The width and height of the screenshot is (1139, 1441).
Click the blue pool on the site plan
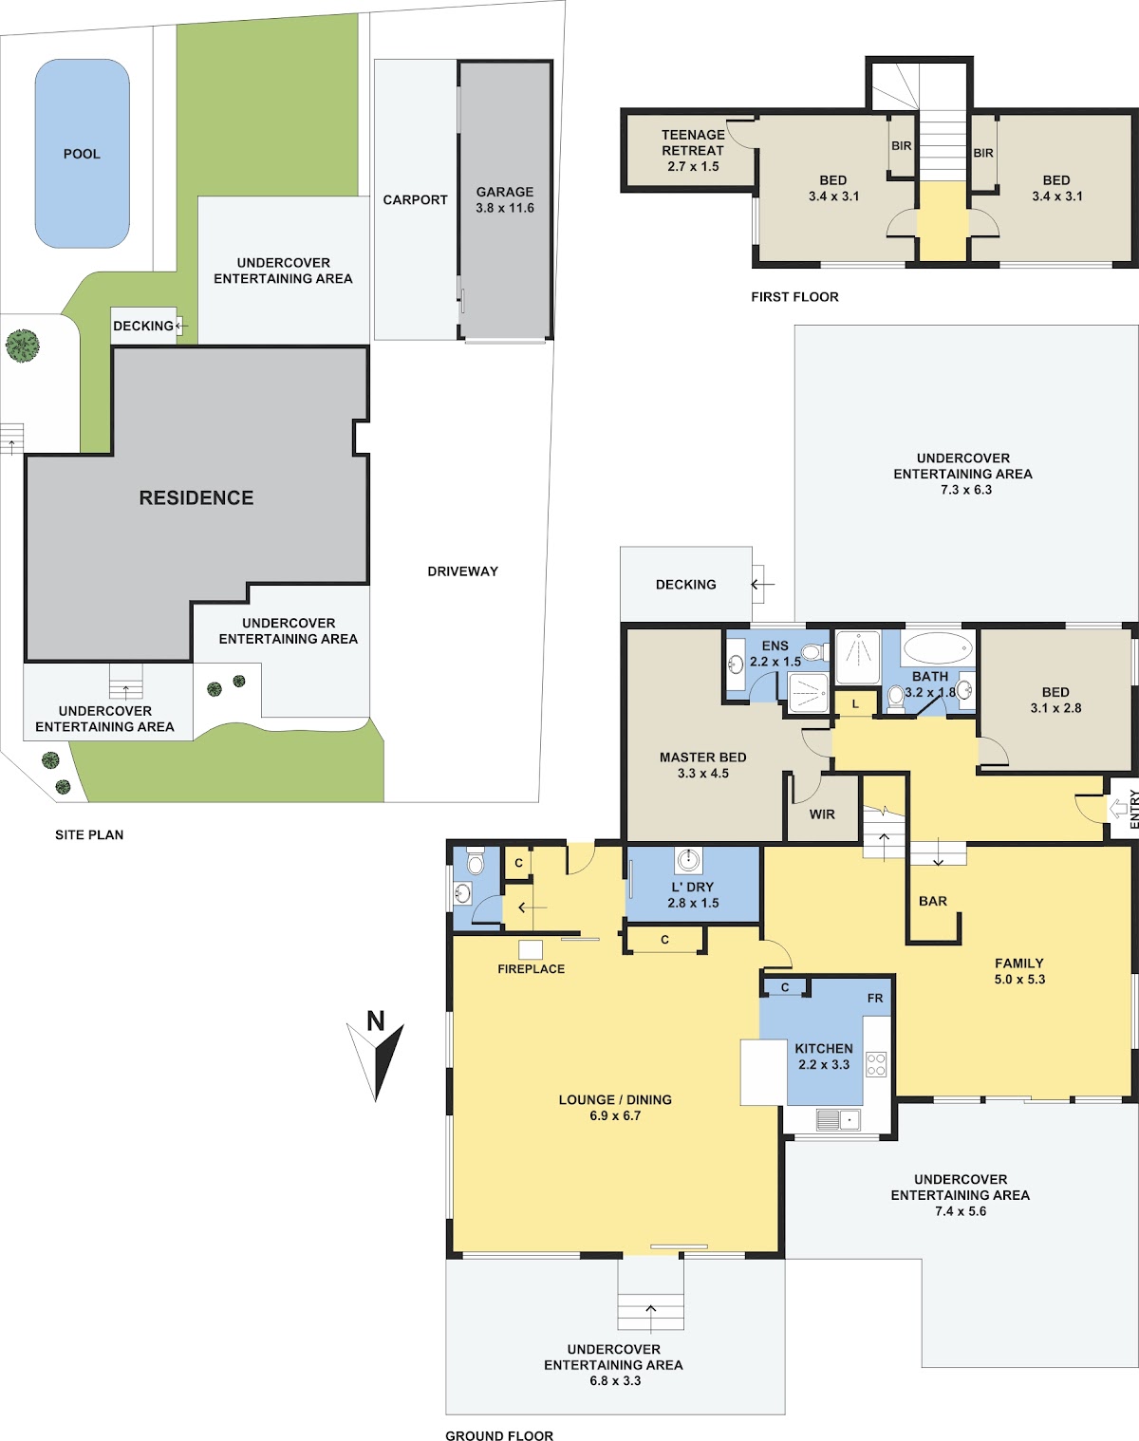[82, 154]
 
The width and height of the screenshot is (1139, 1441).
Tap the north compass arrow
[376, 1062]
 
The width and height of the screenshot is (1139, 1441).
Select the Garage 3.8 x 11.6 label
[505, 199]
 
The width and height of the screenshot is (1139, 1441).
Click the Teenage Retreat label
[693, 150]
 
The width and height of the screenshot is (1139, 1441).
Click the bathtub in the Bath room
[938, 648]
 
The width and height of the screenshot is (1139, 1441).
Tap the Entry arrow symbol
[1117, 809]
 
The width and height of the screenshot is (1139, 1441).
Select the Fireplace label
[531, 969]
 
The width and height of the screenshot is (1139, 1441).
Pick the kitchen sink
[838, 1119]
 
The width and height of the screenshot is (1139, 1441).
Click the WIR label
[822, 814]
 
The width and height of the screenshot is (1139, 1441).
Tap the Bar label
[933, 901]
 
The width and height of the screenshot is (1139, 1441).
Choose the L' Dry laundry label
[693, 894]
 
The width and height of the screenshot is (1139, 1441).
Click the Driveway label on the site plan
[462, 571]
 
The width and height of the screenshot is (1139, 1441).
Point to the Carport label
[415, 199]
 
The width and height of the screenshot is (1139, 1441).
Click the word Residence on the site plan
[196, 497]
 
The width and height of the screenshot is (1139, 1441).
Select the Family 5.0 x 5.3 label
[1019, 971]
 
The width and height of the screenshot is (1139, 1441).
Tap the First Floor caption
[794, 296]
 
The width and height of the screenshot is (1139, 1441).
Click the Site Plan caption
[89, 835]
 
